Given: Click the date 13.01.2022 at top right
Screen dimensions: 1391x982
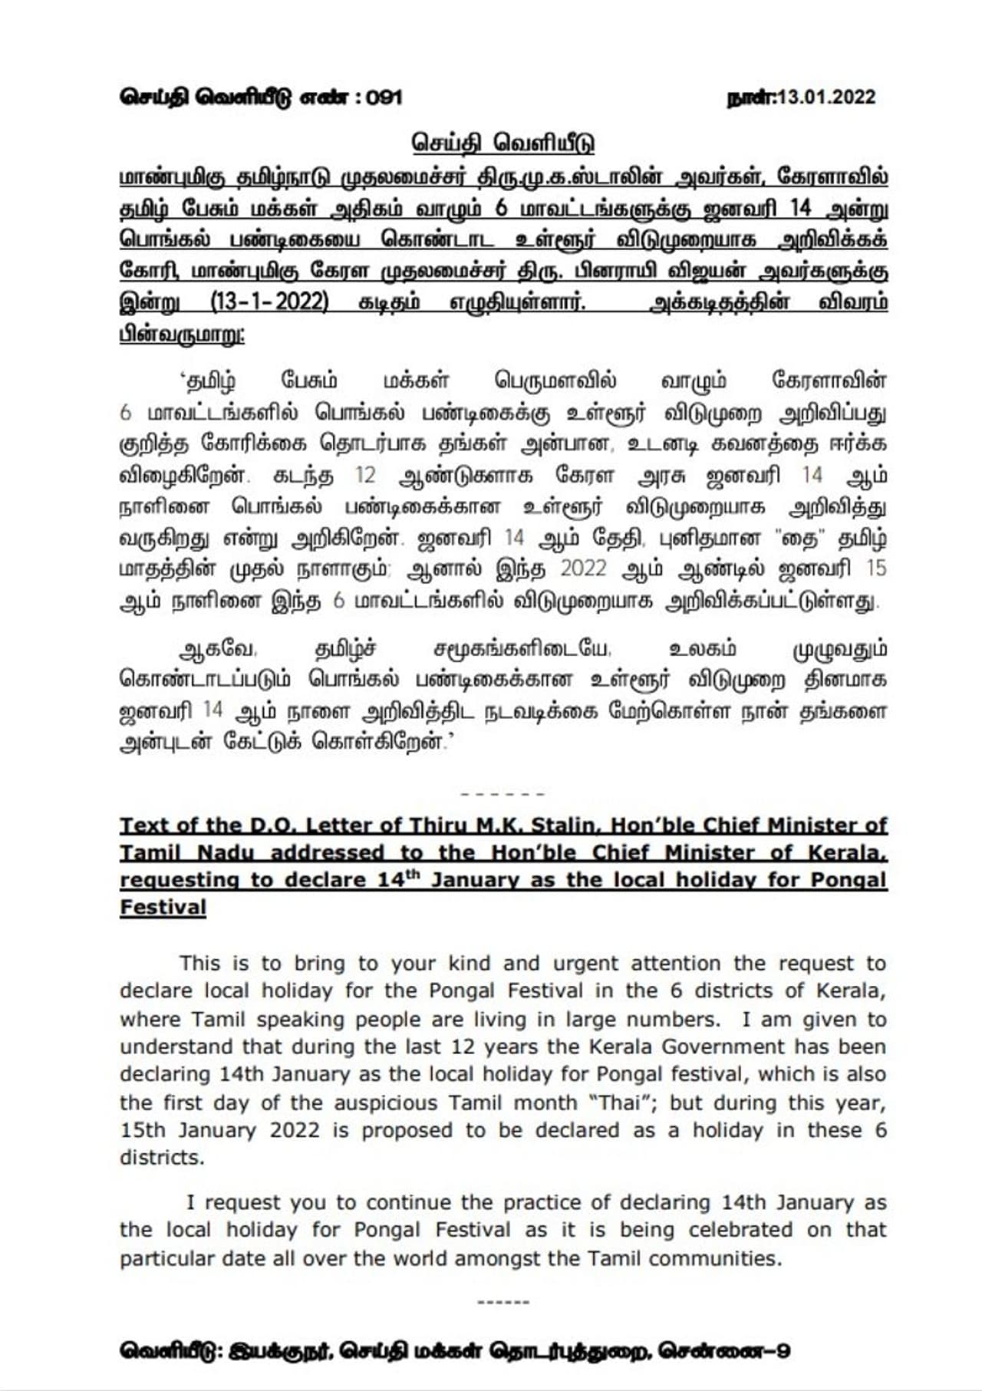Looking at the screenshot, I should tap(826, 97).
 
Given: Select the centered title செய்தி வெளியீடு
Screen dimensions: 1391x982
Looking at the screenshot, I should tap(503, 143).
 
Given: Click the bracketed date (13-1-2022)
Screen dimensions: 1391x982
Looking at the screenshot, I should tap(269, 302).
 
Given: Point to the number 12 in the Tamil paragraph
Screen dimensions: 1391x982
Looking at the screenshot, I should tap(365, 475).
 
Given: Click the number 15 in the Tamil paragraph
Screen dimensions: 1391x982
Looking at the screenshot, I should tap(875, 569).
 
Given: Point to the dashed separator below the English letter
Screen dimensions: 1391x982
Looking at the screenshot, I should tap(503, 1302).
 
